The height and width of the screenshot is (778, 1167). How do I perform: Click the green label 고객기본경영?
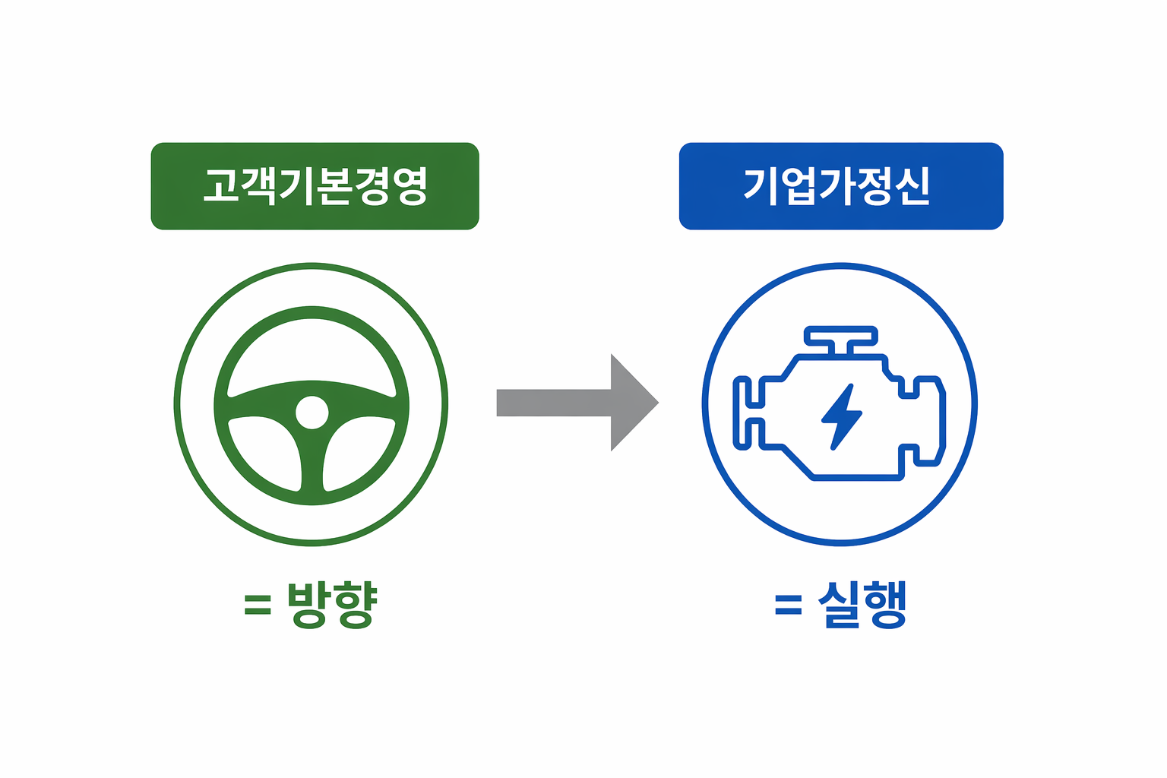pyautogui.click(x=315, y=186)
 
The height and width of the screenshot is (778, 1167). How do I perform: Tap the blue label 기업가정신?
pyautogui.click(x=841, y=186)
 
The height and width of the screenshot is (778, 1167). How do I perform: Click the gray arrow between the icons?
pyautogui.click(x=577, y=403)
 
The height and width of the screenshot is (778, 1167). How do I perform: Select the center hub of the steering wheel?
pyautogui.click(x=312, y=413)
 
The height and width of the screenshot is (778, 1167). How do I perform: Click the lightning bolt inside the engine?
pyautogui.click(x=841, y=417)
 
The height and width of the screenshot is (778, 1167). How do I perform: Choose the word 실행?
pyautogui.click(x=863, y=605)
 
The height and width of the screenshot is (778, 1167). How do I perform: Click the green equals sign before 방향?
pyautogui.click(x=258, y=606)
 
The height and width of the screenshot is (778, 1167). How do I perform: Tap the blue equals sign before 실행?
pyautogui.click(x=789, y=606)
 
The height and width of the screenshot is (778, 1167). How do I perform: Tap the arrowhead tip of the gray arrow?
pyautogui.click(x=659, y=403)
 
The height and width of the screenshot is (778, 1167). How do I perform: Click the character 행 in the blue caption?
pyautogui.click(x=886, y=605)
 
